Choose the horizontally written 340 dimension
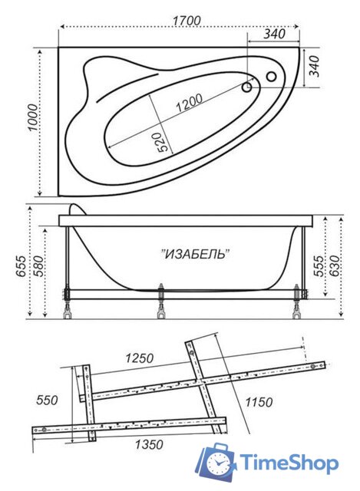point(274,34)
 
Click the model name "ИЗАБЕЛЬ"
point(196,253)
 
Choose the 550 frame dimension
point(48,400)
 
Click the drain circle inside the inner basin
point(248,87)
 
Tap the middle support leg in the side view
point(161,302)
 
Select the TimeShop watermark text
point(288,463)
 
